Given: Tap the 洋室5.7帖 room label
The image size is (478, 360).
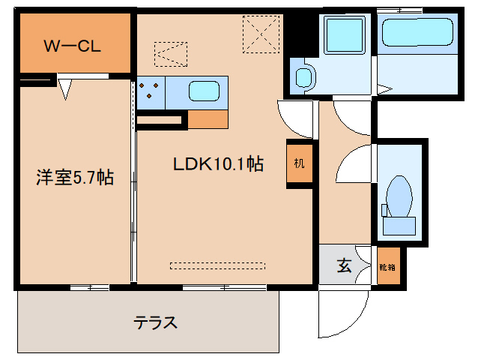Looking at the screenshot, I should [x=75, y=178].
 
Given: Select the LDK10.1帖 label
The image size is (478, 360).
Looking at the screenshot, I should [x=218, y=164].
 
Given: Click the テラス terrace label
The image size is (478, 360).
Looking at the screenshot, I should [x=156, y=323].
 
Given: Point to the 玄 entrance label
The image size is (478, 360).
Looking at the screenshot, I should [x=344, y=265].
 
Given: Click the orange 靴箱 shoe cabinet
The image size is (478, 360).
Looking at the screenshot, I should [x=387, y=266].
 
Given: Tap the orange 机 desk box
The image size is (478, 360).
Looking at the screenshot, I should [x=298, y=163].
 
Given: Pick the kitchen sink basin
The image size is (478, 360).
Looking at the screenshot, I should [x=203, y=91].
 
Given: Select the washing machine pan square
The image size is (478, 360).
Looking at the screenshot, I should [x=342, y=34].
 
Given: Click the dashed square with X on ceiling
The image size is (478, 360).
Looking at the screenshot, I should [x=260, y=34].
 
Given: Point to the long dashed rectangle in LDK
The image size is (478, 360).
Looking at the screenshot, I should [x=217, y=265].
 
